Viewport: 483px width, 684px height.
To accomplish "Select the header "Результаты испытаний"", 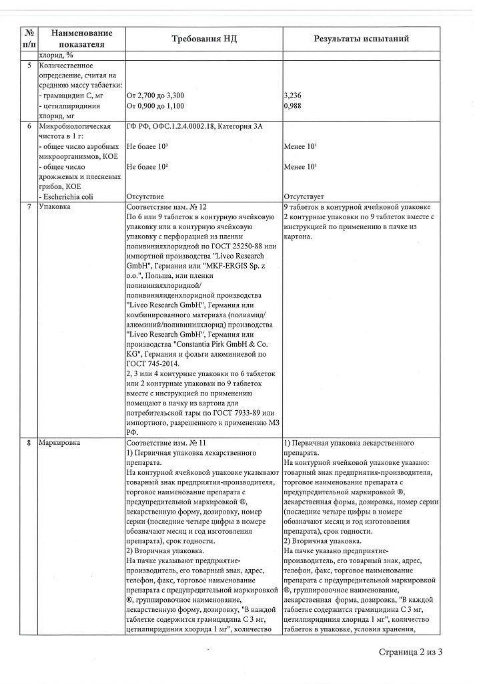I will [362, 39].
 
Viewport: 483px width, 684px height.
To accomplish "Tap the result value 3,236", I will [293, 96].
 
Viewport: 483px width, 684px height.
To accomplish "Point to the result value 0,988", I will [293, 106].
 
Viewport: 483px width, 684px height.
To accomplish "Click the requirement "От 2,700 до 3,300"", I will [155, 96].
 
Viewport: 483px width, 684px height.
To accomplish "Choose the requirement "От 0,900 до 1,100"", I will [155, 106].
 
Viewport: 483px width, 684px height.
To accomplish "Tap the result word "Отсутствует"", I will [304, 197].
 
